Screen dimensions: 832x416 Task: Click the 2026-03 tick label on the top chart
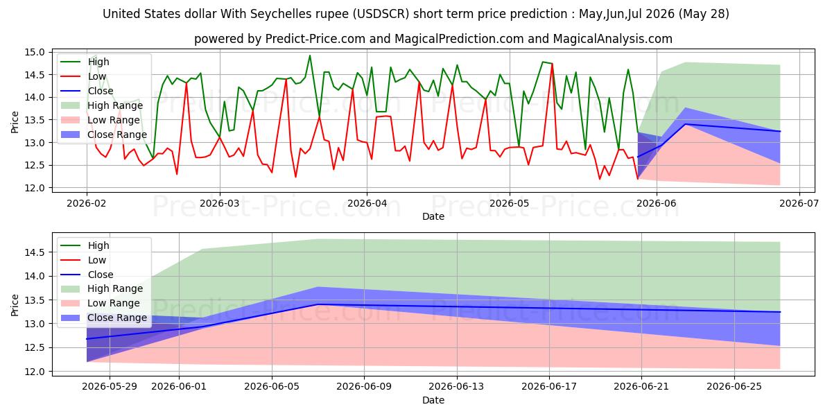220,203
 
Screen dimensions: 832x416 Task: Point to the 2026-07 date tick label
799,203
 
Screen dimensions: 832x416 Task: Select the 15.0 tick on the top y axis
35,53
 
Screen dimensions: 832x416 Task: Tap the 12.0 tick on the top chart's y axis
35,188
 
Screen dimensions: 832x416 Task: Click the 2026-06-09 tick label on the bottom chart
364,387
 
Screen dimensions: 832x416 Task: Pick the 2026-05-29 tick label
110,387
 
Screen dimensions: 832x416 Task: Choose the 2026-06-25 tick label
734,387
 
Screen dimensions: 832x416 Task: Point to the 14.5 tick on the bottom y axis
35,252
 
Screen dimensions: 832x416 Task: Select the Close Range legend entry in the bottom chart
103,318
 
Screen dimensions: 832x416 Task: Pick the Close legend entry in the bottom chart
87,275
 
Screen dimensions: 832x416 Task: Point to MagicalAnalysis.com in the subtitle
612,39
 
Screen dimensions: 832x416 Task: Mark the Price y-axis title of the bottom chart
15,305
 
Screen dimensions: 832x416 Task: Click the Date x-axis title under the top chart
433,216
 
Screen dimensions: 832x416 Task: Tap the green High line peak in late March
310,55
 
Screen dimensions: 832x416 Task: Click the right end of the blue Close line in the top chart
780,131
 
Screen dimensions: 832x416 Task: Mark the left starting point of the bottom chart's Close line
87,339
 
